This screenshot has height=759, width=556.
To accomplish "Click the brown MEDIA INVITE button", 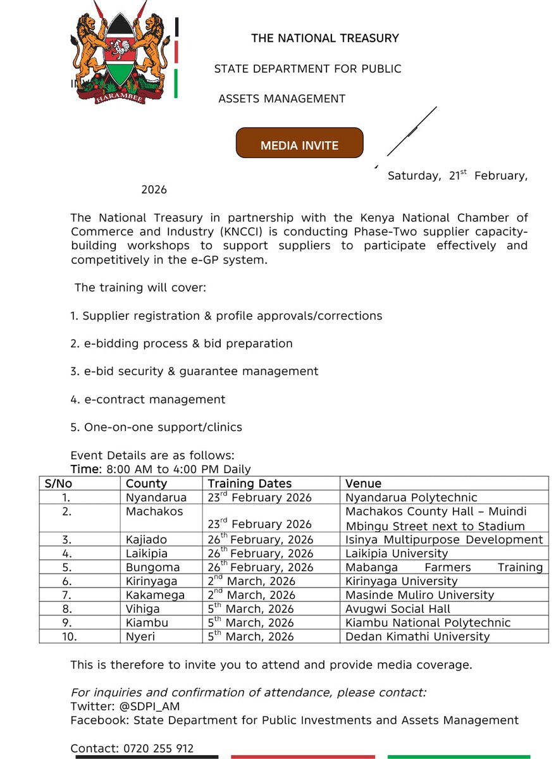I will pos(299,143).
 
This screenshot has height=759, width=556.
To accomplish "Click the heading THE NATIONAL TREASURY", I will pos(324,39).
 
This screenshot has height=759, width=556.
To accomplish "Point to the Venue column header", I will pos(363,484).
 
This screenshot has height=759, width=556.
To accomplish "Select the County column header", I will pos(146,484).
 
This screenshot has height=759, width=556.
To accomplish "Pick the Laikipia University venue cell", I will pos(397,553).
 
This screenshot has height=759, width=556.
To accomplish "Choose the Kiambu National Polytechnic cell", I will pos(428,623).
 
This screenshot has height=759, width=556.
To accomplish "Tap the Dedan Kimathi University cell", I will pos(417,637).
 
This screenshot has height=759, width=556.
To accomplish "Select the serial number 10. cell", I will pos(68,637).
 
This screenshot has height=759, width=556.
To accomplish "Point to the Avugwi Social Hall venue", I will pos(398,609).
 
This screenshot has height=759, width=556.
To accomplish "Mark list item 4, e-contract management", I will pos(147,400).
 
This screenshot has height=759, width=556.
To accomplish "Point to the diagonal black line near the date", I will pos(412,131).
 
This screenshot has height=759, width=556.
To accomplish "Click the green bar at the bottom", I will pos(467,756).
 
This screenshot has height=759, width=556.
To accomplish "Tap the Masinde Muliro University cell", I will pos(419,595).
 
